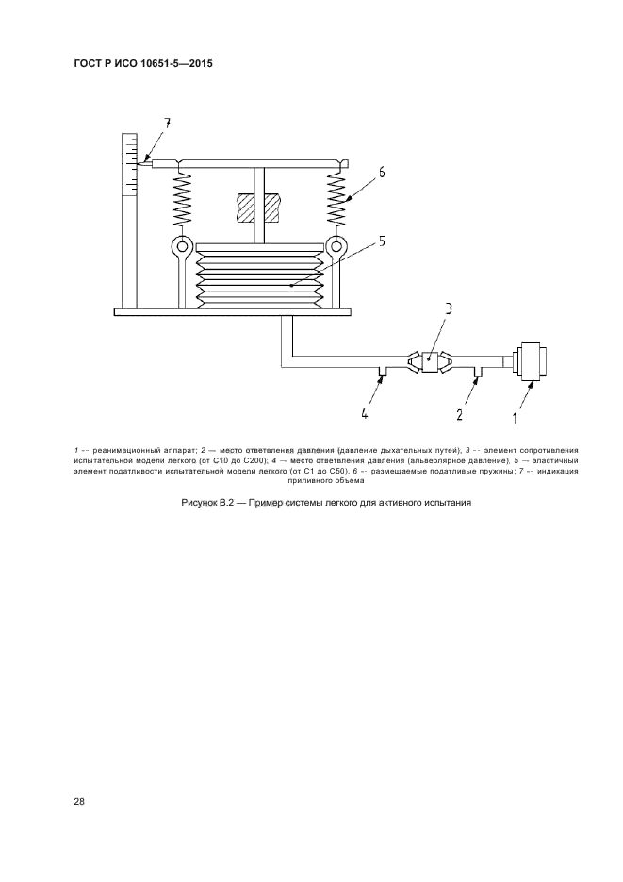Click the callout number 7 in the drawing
tap(167, 124)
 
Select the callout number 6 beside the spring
tap(382, 172)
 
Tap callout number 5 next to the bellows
tap(382, 241)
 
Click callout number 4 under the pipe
tap(365, 412)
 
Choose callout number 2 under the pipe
tap(459, 412)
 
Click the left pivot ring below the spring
tap(180, 247)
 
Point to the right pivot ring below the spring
tap(336, 247)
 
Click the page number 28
tap(80, 802)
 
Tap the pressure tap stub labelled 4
tap(381, 371)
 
